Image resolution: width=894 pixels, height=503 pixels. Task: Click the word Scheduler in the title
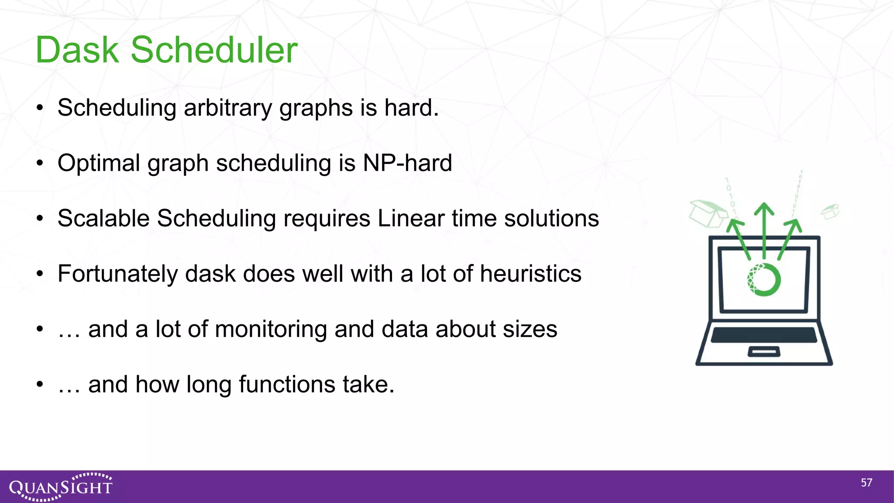214,50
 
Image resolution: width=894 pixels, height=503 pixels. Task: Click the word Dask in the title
77,50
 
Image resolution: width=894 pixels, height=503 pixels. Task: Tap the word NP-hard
407,163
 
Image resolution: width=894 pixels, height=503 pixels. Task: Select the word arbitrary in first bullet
228,108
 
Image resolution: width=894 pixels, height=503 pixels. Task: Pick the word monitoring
271,329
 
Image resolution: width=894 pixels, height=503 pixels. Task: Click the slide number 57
866,483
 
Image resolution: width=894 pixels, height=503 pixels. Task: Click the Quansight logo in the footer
61,486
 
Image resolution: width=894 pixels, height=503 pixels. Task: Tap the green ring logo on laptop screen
763,279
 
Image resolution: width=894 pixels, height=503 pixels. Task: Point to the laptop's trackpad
764,351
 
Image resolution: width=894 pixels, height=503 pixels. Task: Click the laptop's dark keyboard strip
764,335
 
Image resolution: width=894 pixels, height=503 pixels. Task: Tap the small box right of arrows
830,211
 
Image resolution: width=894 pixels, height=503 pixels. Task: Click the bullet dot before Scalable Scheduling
40,218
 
